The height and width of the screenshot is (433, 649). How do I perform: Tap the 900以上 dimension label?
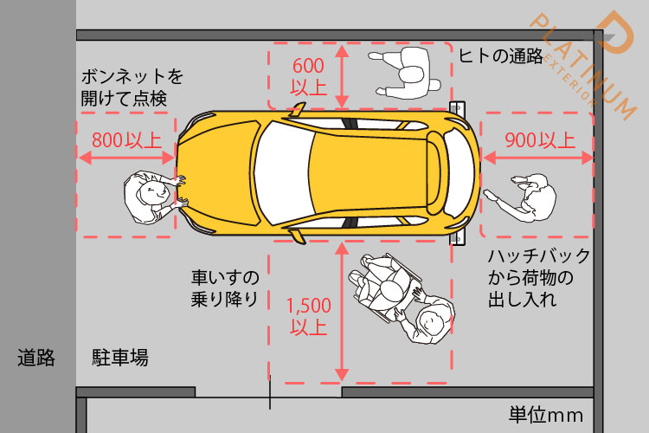pyautogui.click(x=539, y=139)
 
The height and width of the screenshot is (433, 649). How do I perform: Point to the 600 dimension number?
pyautogui.click(x=309, y=65)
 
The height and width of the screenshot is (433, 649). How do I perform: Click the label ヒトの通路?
pyautogui.click(x=500, y=56)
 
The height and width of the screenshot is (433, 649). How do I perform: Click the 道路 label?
pyautogui.click(x=36, y=357)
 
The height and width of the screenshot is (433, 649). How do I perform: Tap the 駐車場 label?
pyautogui.click(x=120, y=357)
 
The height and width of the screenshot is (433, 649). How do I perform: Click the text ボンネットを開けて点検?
pyautogui.click(x=132, y=87)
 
